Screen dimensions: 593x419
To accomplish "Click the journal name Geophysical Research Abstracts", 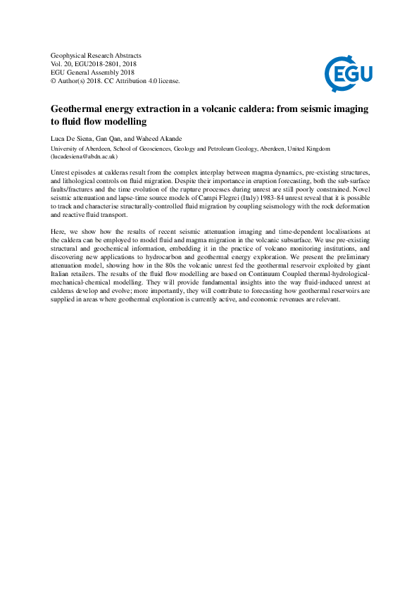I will [96, 55].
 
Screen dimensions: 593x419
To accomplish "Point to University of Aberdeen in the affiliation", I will [81, 149].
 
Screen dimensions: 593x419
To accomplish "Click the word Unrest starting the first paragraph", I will [63, 172].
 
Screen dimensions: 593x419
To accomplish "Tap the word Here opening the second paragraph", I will [58, 231].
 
